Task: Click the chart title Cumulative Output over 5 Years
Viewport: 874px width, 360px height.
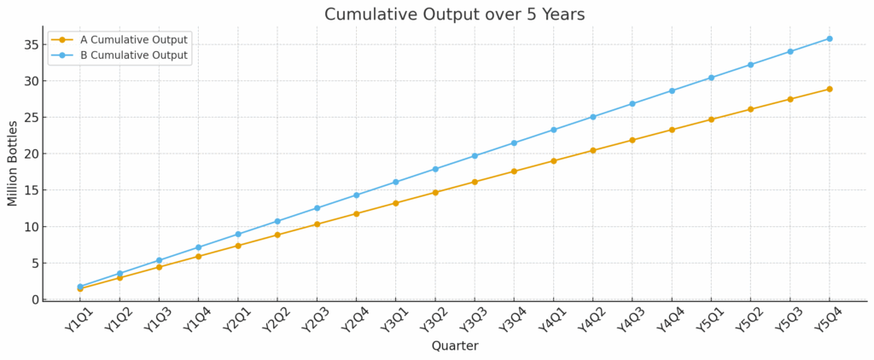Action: click(x=454, y=15)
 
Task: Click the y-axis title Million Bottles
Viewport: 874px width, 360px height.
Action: click(x=13, y=163)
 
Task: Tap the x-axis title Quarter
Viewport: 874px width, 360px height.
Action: click(x=454, y=345)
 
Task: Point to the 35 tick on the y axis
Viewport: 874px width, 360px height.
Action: click(x=33, y=45)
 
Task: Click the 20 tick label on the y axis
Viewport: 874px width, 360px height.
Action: click(x=33, y=154)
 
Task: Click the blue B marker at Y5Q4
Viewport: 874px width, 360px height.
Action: click(x=830, y=38)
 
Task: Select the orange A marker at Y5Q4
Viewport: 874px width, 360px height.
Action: click(x=830, y=89)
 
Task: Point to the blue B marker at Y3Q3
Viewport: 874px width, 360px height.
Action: click(x=475, y=156)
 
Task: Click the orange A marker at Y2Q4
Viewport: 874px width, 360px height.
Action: click(x=356, y=213)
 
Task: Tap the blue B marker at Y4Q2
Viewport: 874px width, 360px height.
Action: click(x=593, y=117)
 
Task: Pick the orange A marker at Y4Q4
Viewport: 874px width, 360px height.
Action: click(x=672, y=130)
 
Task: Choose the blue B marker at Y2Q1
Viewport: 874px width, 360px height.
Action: click(x=238, y=234)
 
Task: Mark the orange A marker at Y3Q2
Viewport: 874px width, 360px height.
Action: click(x=435, y=192)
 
